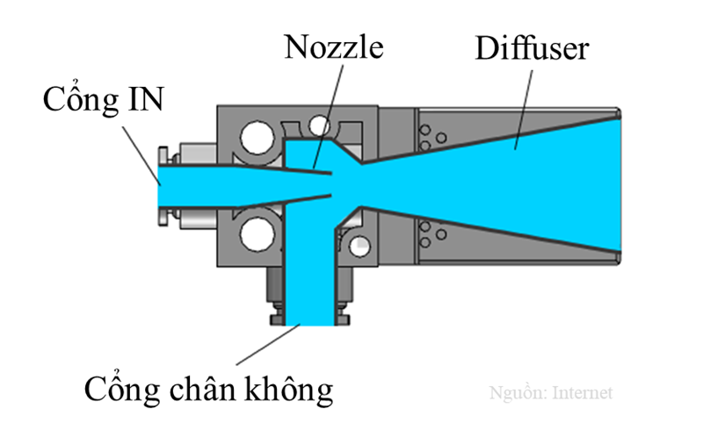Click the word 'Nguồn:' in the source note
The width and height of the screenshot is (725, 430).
pos(518,392)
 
